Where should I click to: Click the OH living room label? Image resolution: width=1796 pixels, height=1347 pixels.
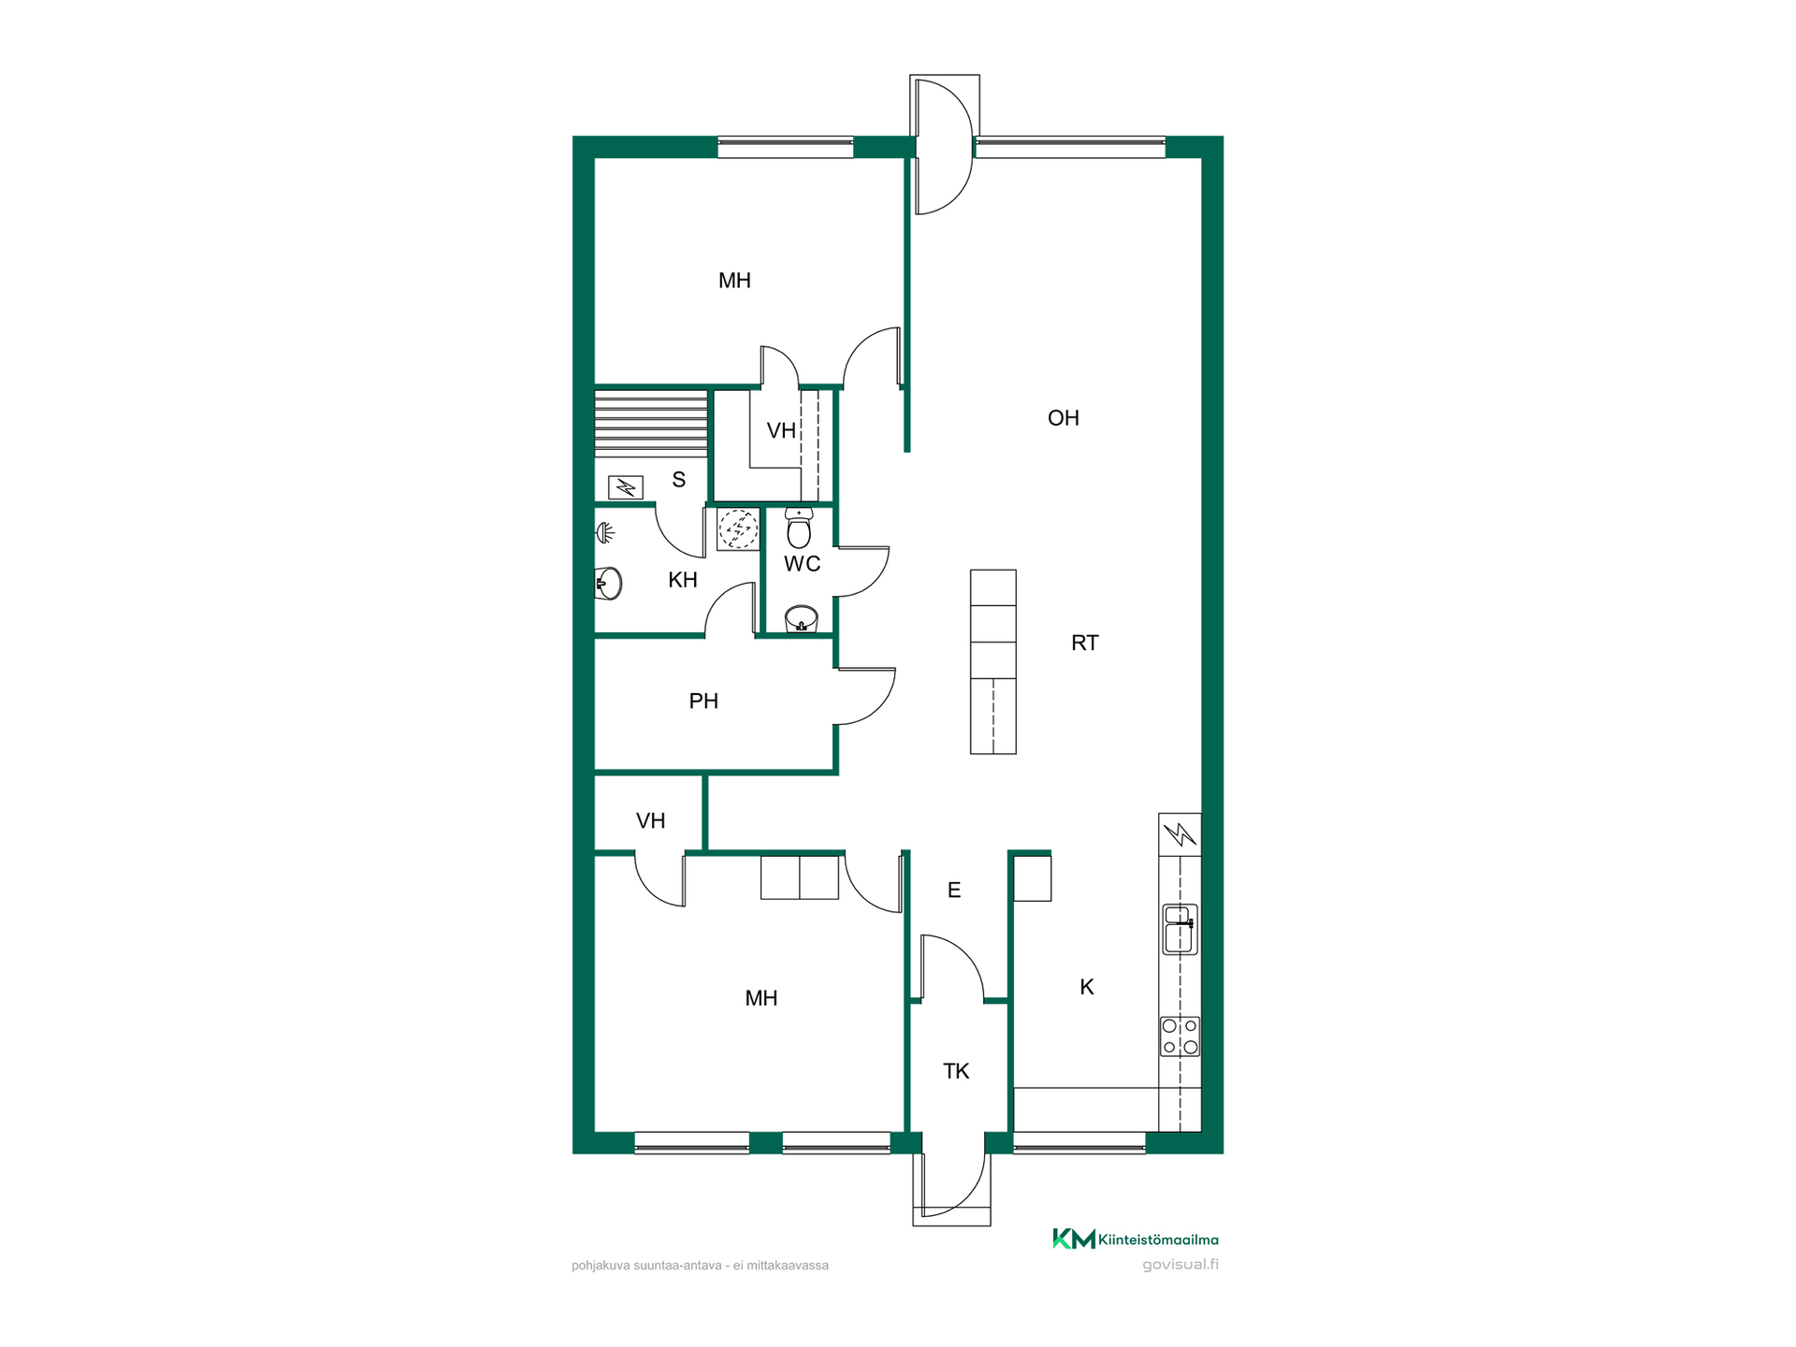click(1064, 418)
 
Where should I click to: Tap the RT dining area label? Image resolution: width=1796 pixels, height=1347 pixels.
click(1085, 643)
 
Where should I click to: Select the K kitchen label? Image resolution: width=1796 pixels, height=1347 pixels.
click(1087, 987)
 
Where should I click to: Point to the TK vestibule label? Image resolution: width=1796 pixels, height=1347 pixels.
click(956, 1071)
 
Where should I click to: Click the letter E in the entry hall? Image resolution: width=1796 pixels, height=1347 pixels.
click(954, 890)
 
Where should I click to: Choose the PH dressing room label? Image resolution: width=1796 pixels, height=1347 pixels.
click(703, 701)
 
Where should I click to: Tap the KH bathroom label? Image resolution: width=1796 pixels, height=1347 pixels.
click(683, 580)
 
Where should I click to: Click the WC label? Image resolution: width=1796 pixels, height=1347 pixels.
click(803, 564)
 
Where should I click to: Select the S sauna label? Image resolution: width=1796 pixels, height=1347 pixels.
click(679, 480)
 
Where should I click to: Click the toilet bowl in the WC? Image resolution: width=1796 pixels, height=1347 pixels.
click(799, 529)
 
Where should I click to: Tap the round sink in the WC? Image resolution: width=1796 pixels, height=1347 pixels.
click(802, 619)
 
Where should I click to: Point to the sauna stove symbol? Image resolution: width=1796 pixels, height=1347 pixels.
click(626, 487)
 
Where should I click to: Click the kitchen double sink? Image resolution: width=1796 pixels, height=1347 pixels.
click(1180, 929)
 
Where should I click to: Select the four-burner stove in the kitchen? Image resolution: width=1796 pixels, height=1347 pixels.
click(1180, 1036)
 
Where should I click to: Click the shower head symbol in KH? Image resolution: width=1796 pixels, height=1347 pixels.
click(606, 533)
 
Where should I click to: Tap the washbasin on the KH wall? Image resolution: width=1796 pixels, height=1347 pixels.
click(608, 584)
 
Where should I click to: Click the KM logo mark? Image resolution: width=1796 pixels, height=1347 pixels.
click(1074, 1239)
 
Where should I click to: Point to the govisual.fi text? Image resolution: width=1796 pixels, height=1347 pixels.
click(1180, 1265)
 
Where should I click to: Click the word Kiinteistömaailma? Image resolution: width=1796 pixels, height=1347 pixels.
click(1159, 1240)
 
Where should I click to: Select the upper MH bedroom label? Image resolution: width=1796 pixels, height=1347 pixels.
click(734, 281)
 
